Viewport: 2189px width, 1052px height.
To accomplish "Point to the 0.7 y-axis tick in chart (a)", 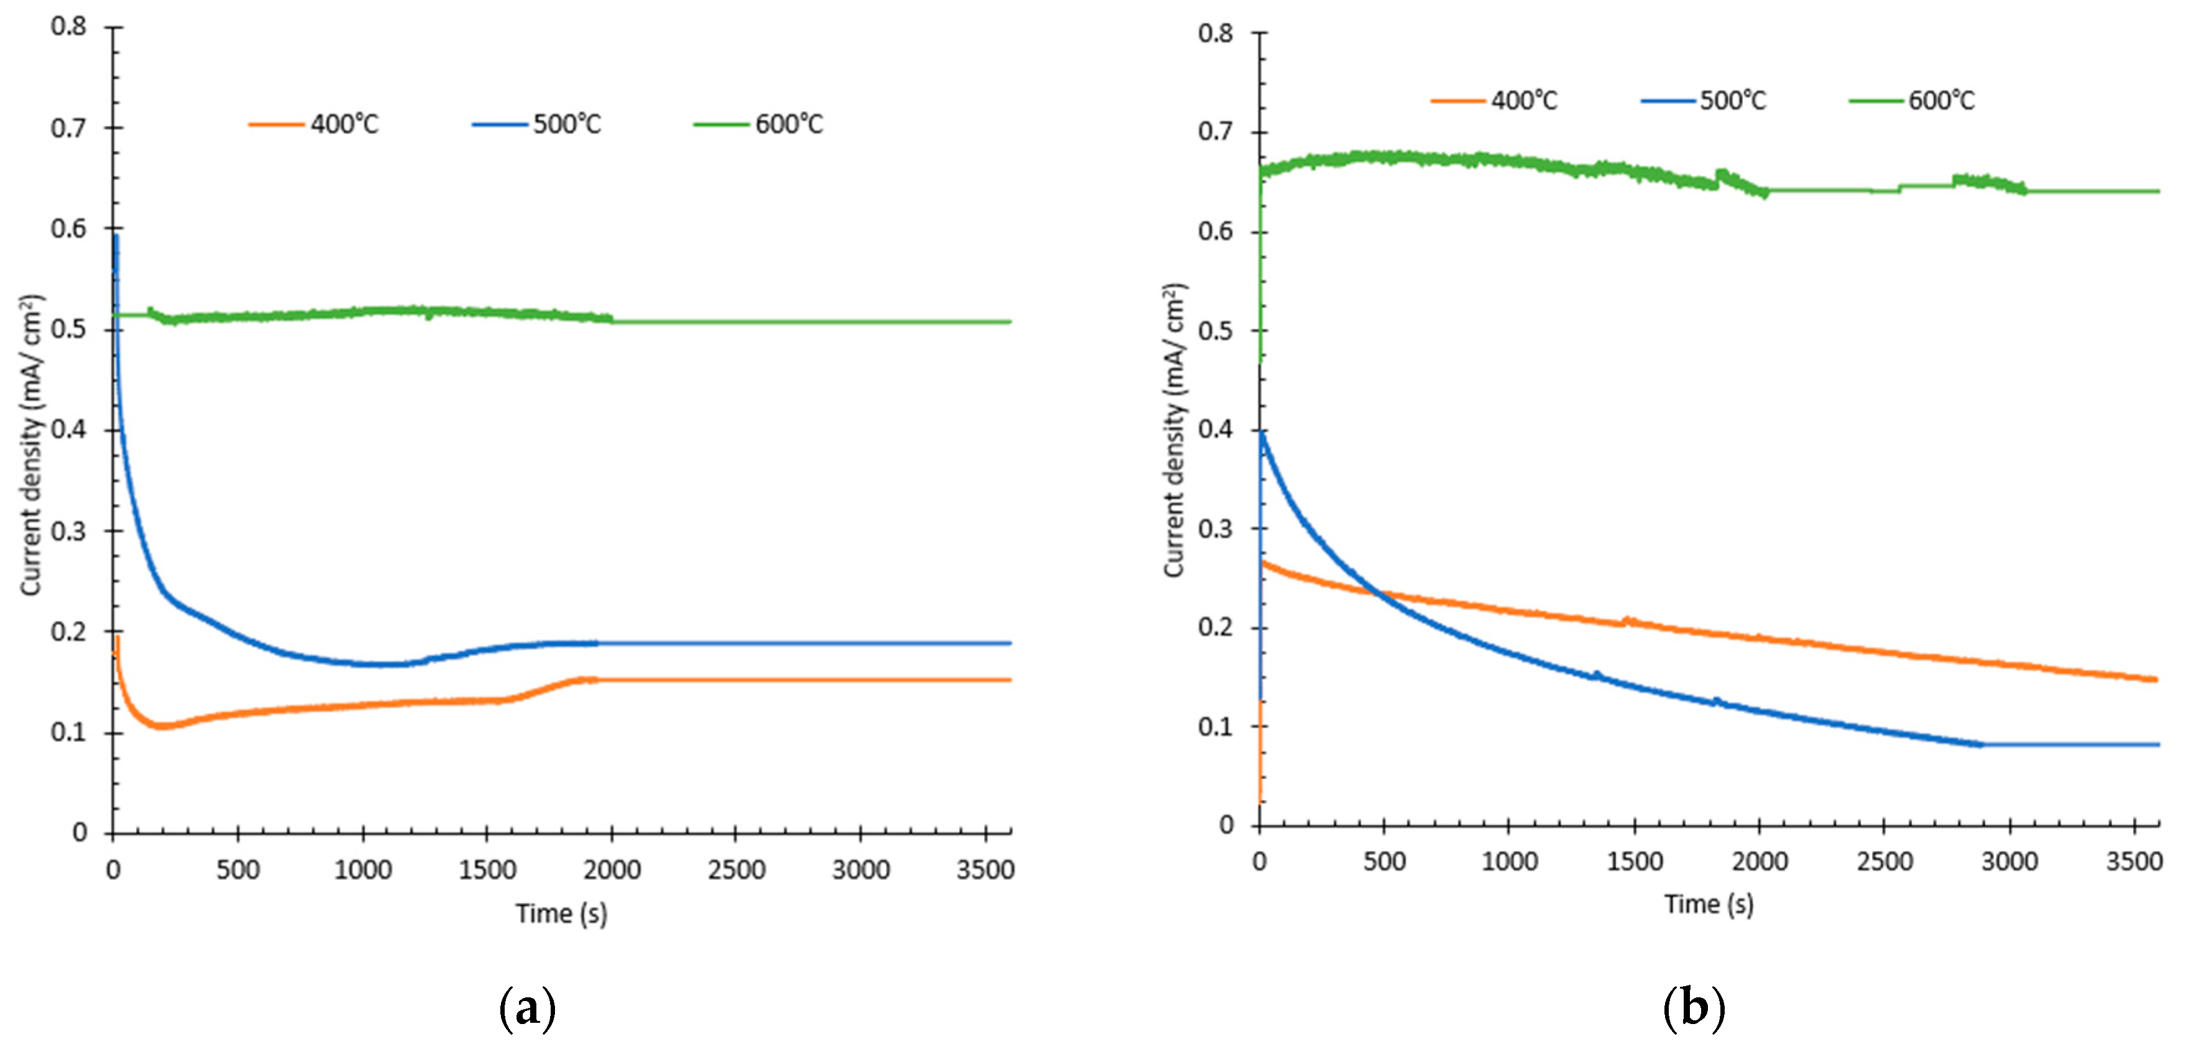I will pos(69,128).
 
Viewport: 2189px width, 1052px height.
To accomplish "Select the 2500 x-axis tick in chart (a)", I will pos(736,869).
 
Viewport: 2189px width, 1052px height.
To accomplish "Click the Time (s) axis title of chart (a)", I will pos(561,913).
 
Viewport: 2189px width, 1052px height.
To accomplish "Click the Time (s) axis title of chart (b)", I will pos(1708,903).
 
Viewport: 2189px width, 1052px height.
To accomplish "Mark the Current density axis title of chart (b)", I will pos(1175,431).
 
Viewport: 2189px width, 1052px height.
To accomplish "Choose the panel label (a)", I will pos(528,1009).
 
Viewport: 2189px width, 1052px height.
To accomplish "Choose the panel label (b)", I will pos(1693,1009).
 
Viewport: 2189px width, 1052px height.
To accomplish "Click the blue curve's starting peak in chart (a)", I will pos(116,238).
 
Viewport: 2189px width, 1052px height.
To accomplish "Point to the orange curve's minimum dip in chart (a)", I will pos(162,726).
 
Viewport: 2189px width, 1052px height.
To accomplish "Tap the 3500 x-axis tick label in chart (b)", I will pos(2134,861).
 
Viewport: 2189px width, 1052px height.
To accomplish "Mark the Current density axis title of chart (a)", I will pos(30,446).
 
